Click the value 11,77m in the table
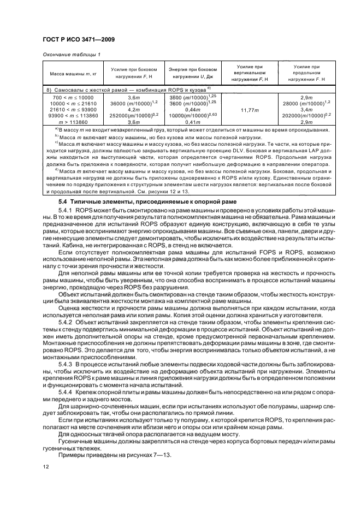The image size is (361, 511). click(249, 109)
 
